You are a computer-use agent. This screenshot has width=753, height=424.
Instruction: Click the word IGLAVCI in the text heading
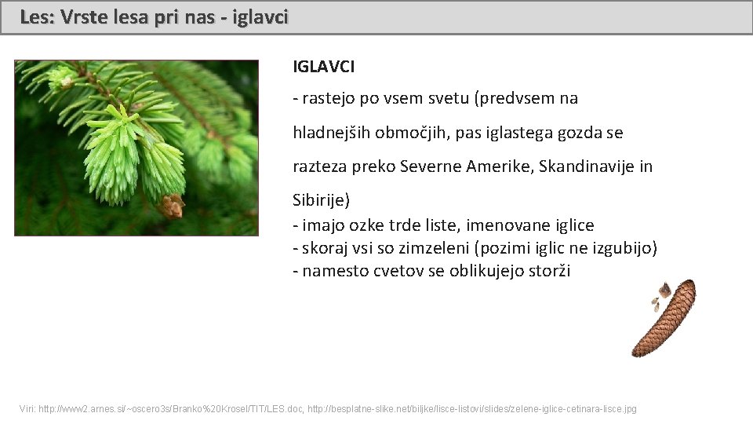tap(323, 67)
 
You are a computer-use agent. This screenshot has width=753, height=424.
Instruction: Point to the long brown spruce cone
tap(666, 317)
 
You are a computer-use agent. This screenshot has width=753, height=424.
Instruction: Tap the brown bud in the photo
tap(172, 205)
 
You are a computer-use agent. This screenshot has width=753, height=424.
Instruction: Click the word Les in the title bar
tap(33, 16)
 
